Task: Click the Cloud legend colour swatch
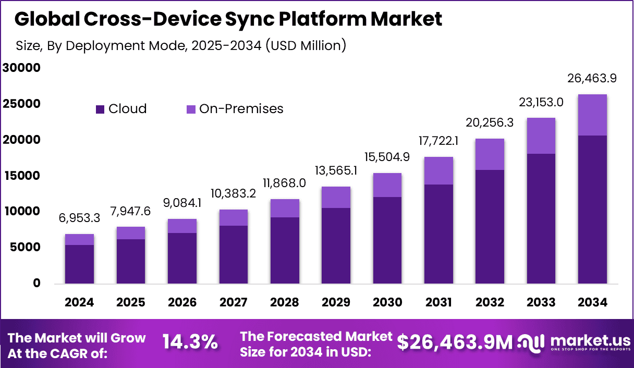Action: pos(101,109)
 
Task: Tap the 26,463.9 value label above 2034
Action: pos(592,79)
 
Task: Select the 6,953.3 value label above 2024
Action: pos(79,218)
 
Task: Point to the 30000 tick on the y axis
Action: pos(21,68)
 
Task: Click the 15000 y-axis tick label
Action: pos(21,176)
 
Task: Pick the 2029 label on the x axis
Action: pos(335,302)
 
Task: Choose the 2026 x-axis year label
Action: pos(182,302)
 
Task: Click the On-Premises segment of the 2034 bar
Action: pos(592,115)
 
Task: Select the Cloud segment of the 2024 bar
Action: pos(79,264)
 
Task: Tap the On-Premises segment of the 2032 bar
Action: pos(489,154)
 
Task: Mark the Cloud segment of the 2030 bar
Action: pos(386,240)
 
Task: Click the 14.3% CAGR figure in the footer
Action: pos(190,342)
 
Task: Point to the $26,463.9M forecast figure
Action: pos(455,342)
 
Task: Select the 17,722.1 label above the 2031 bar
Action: pos(438,141)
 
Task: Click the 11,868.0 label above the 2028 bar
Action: pos(284,183)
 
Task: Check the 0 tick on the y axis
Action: pos(36,283)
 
